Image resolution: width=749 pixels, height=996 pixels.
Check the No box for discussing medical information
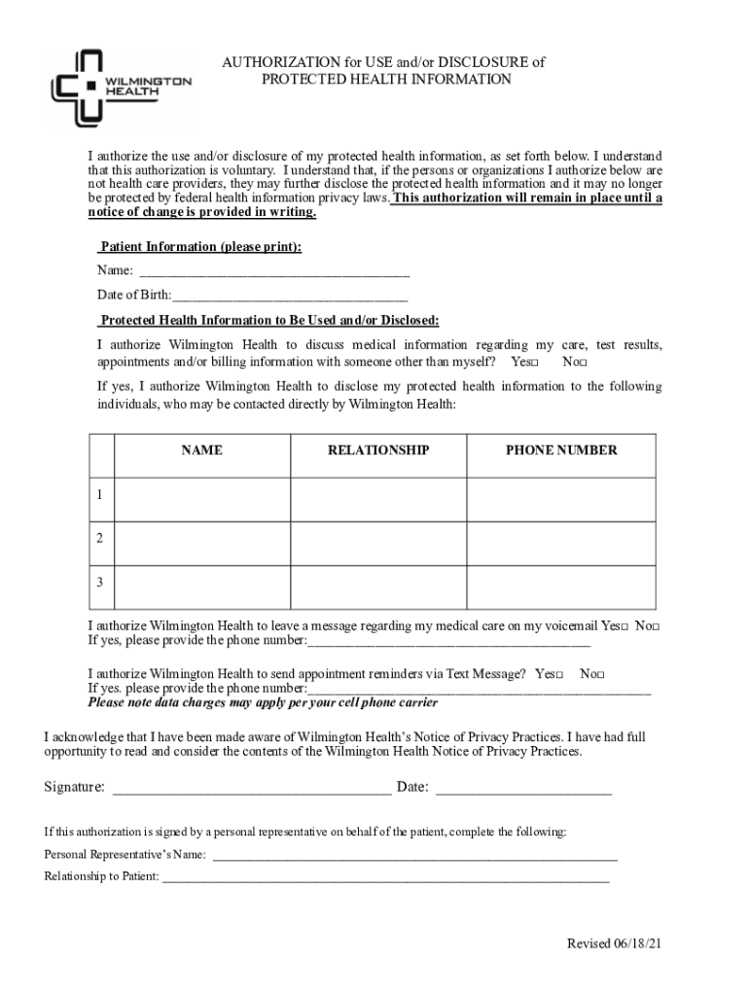(x=583, y=363)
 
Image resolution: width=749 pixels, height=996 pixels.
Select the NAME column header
(x=201, y=450)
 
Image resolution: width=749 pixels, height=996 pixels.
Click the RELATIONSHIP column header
(x=377, y=450)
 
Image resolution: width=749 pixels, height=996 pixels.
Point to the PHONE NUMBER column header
(x=560, y=450)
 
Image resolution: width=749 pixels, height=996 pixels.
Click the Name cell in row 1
(x=201, y=496)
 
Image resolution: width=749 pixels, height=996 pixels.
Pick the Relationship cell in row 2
(x=377, y=540)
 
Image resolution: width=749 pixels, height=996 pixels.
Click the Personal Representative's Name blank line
(x=414, y=857)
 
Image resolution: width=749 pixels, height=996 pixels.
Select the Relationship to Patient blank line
(x=385, y=878)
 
